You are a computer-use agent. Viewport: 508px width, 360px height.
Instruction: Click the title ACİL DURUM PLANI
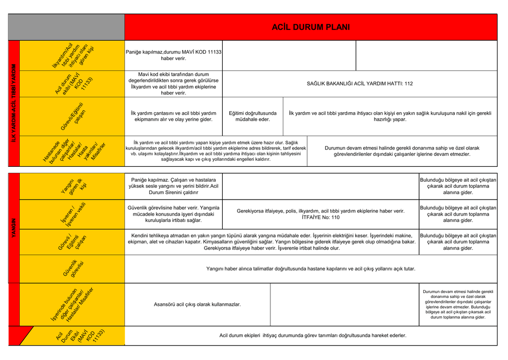coord(311,27)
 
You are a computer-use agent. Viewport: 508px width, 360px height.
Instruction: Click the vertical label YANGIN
coord(14,228)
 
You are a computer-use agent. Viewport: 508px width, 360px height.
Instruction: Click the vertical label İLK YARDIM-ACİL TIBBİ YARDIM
coord(14,103)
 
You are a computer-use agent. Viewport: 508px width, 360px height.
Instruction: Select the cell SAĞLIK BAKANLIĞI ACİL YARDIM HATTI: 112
coord(360,84)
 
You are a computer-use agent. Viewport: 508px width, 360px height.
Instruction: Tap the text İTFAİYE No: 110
coord(320,217)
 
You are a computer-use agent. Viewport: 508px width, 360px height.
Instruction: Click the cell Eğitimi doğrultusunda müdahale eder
coord(253,116)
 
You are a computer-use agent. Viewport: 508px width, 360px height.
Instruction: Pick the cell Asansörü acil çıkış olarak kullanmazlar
coord(197,304)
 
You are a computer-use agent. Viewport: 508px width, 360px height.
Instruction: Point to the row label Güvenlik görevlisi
coord(72,269)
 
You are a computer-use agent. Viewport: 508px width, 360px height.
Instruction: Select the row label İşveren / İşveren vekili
coord(72,214)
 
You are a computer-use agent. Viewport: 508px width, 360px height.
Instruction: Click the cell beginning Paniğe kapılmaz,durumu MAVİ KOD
coord(174,55)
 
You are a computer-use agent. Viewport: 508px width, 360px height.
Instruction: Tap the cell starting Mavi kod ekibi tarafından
coord(174,84)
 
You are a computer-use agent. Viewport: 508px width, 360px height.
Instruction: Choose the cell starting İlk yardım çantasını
coord(174,116)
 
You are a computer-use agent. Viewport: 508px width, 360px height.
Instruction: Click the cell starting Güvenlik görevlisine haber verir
coord(174,214)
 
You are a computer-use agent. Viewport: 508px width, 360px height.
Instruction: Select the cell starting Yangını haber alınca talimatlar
coord(311,269)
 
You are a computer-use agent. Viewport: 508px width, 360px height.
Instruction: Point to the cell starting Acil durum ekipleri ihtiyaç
coord(313,336)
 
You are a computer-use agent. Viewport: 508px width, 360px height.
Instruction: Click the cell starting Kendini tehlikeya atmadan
coord(272,242)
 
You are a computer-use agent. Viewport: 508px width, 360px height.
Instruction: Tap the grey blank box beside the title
coord(66,27)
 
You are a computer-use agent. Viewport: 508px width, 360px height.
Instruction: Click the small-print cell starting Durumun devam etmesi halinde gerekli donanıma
coord(458,304)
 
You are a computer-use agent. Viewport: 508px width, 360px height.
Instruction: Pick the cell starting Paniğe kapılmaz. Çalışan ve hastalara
coord(174,186)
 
